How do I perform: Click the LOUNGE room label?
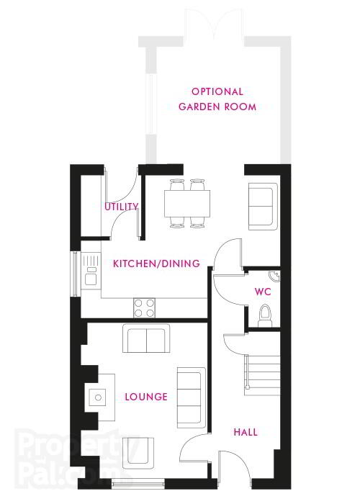pos(146,397)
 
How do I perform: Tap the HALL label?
pos(246,432)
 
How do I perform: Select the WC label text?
pos(263,292)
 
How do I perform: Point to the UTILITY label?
pos(122,207)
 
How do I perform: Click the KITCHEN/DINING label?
pos(156,264)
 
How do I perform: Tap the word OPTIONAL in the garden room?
pos(217,91)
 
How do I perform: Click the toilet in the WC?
pos(265,315)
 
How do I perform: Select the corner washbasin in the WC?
pos(274,276)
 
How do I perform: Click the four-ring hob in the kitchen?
pos(144,308)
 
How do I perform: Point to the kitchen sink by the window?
pos(91,269)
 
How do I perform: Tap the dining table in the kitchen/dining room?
pos(187,204)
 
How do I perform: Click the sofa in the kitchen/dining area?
pos(263,207)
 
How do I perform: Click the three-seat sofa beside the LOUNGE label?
pos(192,397)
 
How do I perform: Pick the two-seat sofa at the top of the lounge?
pos(146,338)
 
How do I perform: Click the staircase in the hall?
pos(262,375)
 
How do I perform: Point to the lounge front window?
pos(138,483)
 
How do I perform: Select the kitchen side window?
pos(76,274)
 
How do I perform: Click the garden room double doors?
pos(214,24)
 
